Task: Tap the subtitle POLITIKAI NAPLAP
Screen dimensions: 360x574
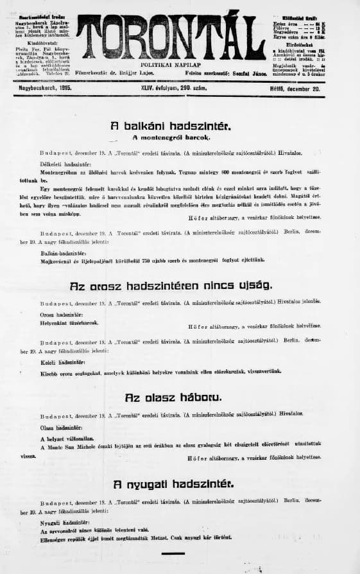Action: pyautogui.click(x=173, y=65)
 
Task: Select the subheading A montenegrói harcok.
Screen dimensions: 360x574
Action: pyautogui.click(x=171, y=138)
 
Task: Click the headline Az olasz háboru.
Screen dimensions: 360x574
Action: pyautogui.click(x=174, y=397)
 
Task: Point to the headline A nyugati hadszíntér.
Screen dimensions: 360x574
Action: pyautogui.click(x=173, y=483)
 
